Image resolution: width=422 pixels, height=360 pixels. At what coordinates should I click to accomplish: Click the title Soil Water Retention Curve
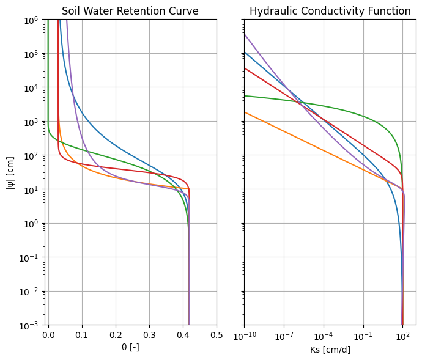click(130, 11)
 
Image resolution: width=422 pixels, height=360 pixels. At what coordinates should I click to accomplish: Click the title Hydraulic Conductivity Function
click(330, 11)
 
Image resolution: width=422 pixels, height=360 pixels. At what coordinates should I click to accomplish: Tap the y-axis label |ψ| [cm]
click(10, 173)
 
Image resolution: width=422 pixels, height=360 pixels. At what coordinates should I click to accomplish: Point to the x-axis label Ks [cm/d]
click(330, 350)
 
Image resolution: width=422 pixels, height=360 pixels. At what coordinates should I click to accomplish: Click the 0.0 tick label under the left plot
click(48, 336)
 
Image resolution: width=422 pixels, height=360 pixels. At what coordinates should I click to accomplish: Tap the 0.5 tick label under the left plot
click(217, 336)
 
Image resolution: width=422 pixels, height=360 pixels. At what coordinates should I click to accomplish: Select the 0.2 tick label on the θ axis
click(116, 336)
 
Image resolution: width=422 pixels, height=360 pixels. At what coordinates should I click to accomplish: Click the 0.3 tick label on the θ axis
click(149, 336)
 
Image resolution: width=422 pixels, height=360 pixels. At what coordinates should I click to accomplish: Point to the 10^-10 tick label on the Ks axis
click(245, 336)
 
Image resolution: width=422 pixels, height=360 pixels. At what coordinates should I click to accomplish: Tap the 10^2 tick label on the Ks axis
click(402, 336)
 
